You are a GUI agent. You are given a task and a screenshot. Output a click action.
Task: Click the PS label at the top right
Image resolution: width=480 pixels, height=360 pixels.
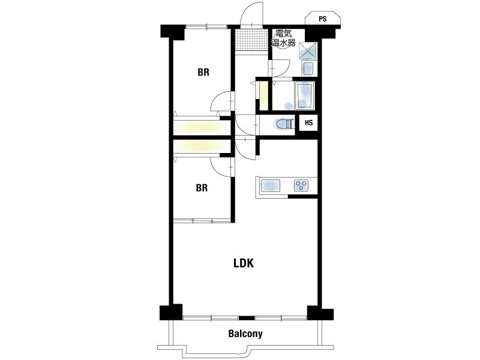[x=323, y=19]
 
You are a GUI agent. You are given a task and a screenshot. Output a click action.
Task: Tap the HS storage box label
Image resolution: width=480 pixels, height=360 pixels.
[x=308, y=123]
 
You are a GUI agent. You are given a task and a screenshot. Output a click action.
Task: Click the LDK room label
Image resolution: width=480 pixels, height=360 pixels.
[x=244, y=263]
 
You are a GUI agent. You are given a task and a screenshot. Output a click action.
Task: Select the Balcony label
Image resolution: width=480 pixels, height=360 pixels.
[x=245, y=334]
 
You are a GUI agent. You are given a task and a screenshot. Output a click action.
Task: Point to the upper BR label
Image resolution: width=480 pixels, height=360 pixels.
[x=203, y=72]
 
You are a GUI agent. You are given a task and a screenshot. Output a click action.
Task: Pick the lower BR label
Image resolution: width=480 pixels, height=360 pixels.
[x=202, y=188]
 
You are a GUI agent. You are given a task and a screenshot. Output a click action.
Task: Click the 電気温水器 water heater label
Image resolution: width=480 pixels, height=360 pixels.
[x=283, y=38]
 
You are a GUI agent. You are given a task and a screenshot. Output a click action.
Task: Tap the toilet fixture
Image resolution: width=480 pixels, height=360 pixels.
[x=283, y=124]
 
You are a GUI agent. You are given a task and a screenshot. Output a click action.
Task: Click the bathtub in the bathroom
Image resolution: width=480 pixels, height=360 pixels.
[x=304, y=95]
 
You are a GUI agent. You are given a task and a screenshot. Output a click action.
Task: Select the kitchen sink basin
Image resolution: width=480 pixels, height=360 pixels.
[x=271, y=185]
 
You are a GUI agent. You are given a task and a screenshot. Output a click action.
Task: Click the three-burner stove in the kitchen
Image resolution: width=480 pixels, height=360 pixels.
[x=301, y=185]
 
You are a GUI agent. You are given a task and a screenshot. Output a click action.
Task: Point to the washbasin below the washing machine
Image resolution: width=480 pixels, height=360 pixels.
[x=308, y=68]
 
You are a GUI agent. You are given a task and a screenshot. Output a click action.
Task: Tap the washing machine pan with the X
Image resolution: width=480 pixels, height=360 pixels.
[x=308, y=50]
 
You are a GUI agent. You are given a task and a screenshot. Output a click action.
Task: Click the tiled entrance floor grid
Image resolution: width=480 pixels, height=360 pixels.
[x=251, y=40]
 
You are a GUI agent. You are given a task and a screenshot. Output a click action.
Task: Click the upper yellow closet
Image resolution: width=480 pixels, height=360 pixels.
[x=202, y=128]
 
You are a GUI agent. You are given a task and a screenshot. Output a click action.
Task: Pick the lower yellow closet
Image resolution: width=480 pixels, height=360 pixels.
[x=202, y=146]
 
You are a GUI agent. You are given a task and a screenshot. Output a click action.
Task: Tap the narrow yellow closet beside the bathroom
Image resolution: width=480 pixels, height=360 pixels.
[x=263, y=95]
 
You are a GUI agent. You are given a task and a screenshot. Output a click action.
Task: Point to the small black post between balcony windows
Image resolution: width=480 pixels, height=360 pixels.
[x=247, y=318]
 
